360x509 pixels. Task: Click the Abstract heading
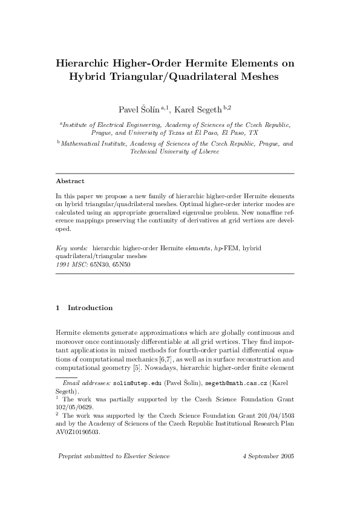[70, 181]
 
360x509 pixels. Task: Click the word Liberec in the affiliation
[206, 152]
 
